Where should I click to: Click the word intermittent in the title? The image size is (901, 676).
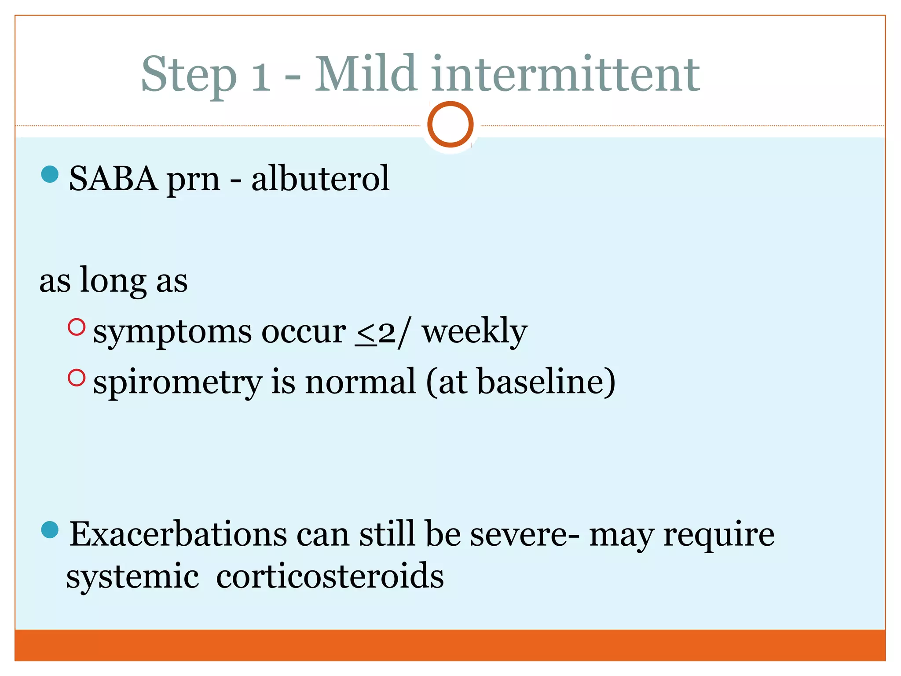tap(565, 75)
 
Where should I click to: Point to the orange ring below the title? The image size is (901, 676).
tap(450, 125)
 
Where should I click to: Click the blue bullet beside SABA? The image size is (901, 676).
tap(50, 174)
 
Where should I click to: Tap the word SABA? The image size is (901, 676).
tap(114, 179)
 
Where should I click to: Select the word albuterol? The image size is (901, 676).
tap(320, 179)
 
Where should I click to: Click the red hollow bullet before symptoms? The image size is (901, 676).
tap(77, 327)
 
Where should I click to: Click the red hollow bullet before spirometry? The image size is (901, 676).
tap(77, 378)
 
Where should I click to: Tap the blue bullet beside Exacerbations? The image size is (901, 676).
tap(50, 530)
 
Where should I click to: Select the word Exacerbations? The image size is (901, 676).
tap(178, 534)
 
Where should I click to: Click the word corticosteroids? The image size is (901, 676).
tap(330, 577)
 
